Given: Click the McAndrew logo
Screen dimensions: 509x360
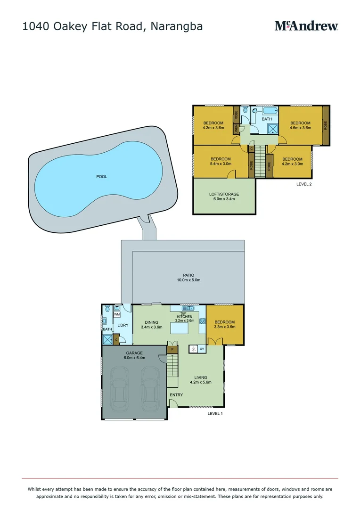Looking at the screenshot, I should tap(306, 26).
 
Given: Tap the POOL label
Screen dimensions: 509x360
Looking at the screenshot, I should tap(101, 177).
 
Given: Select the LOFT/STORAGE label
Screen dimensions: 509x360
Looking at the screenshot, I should tap(224, 194).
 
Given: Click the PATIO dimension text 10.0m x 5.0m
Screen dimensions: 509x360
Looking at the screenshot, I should tap(188, 280).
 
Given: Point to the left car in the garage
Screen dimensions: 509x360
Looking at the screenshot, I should tap(119, 386).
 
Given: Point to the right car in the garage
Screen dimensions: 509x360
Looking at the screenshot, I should tap(151, 386).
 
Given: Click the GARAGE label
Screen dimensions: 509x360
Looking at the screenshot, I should tap(134, 353).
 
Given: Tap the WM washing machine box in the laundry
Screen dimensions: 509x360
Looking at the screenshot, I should tap(117, 314).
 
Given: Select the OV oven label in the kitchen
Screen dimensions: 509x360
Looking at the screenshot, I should tap(202, 349).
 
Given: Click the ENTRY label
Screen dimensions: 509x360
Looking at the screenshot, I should tap(176, 395).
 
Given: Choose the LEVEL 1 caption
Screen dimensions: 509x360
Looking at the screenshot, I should tap(215, 413).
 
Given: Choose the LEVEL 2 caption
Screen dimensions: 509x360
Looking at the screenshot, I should tap(304, 184).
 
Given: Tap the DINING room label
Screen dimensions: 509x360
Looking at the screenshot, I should tap(151, 322).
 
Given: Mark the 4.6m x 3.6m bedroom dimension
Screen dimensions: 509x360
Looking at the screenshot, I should tap(300, 128).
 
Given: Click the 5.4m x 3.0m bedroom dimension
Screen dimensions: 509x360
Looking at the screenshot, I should tap(221, 164).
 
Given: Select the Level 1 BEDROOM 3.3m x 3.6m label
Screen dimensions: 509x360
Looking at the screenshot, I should tap(225, 322).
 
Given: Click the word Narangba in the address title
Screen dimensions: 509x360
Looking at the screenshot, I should tap(177, 26).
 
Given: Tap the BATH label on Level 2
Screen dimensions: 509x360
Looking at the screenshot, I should tap(267, 119).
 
